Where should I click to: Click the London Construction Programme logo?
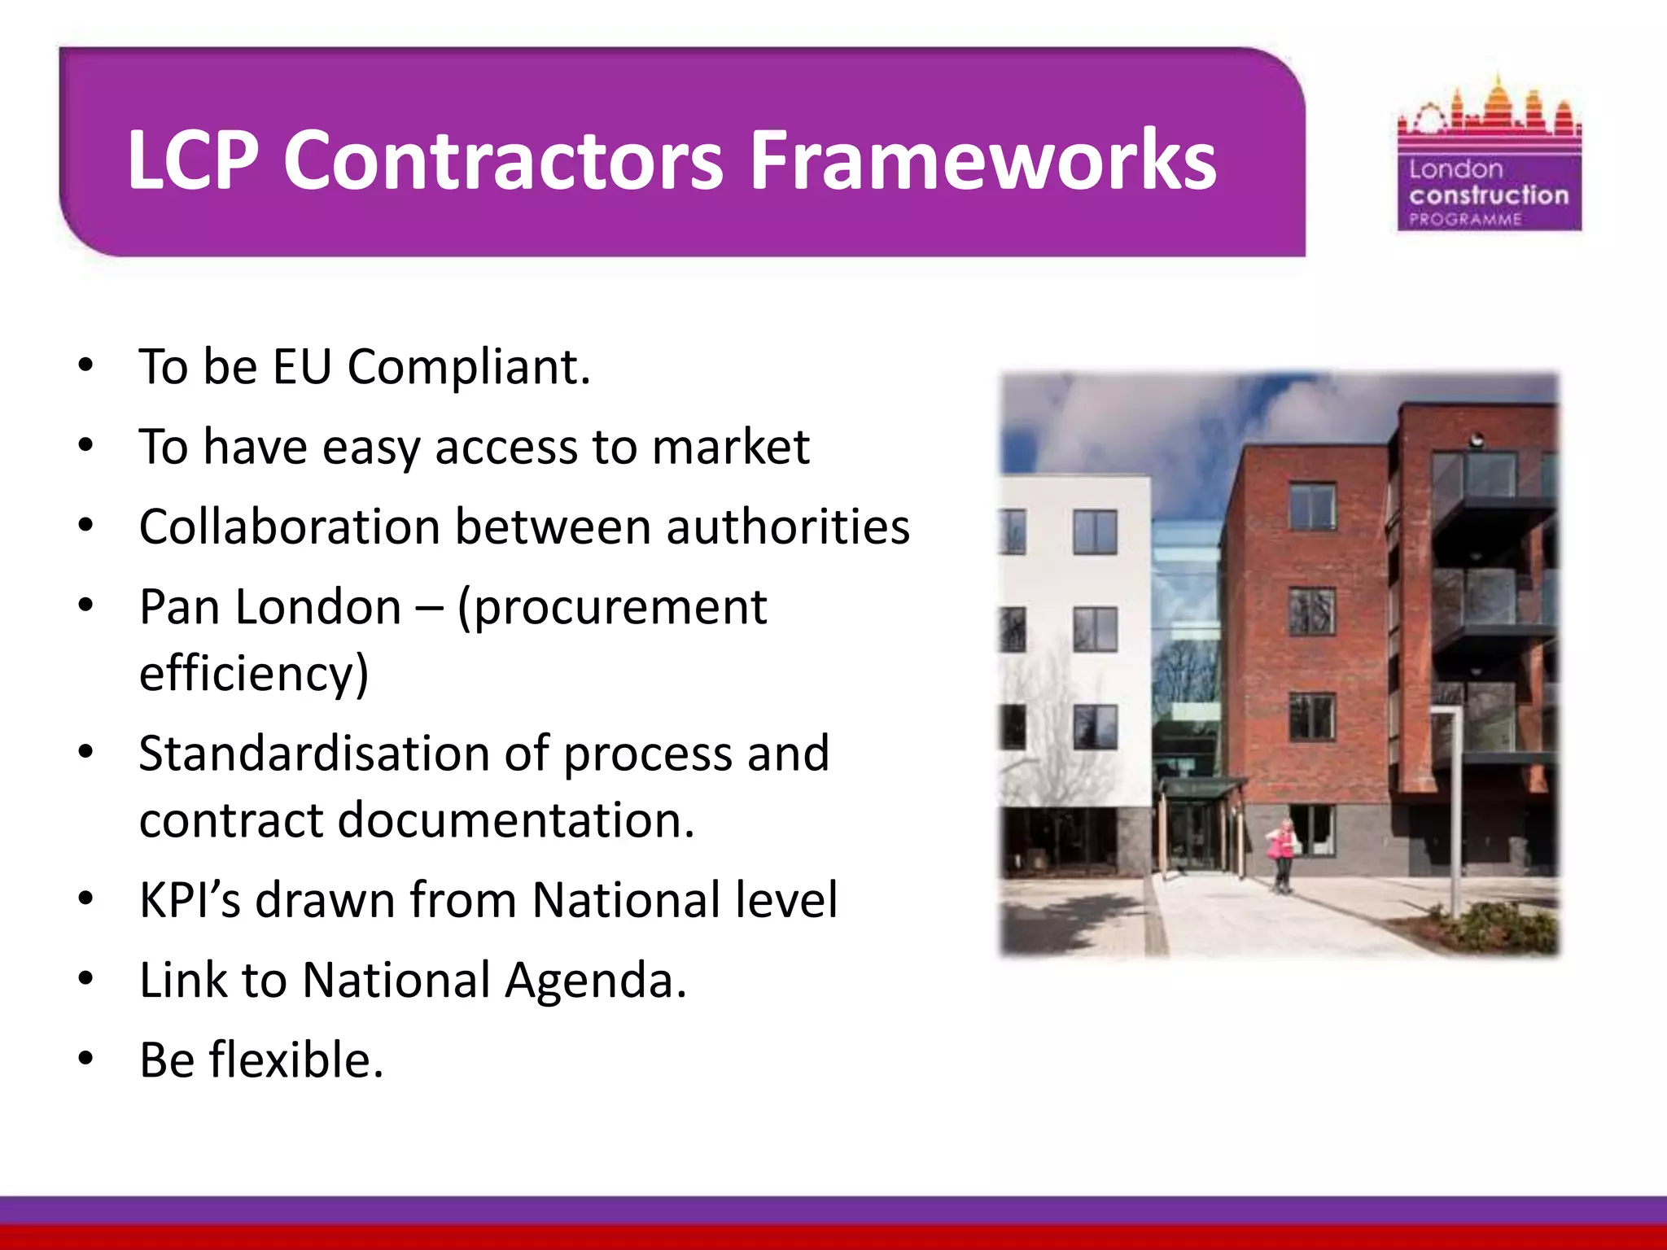(1490, 155)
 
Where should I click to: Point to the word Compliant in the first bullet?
(468, 368)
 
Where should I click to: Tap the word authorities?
(787, 527)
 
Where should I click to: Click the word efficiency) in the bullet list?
(254, 674)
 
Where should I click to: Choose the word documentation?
(515, 819)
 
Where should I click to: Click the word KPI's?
(190, 900)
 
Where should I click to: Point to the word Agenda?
(595, 980)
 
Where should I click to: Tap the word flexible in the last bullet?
(295, 1060)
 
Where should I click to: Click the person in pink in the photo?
(1282, 854)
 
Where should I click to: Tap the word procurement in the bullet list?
(612, 608)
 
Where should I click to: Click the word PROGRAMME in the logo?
(1465, 219)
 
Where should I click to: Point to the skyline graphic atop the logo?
(1490, 110)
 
